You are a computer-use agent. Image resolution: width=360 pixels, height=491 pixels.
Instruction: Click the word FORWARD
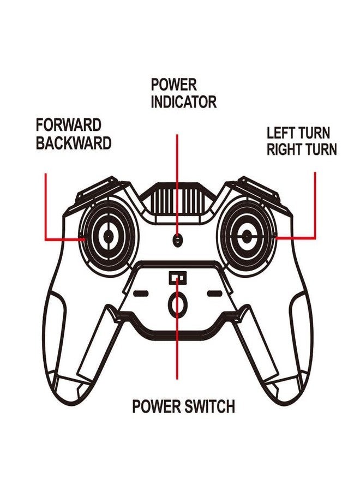[69, 124]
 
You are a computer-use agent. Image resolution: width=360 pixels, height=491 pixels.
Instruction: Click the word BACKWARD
[74, 143]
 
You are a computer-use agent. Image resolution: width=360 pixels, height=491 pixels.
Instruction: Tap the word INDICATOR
[183, 101]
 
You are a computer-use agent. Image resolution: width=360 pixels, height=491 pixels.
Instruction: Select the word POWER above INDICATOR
[174, 85]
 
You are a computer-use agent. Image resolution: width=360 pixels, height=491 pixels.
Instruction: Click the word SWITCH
[209, 406]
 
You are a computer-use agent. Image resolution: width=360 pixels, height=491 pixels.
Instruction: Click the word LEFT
[281, 133]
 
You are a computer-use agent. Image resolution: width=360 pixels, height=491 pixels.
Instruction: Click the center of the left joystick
[108, 235]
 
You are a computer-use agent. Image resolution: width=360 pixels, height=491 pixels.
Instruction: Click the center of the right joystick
[247, 235]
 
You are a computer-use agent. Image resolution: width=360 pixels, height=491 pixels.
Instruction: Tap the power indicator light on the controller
[177, 239]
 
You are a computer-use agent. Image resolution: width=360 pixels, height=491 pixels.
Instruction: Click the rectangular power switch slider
[177, 278]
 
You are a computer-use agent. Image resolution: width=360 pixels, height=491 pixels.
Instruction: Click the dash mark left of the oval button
[141, 294]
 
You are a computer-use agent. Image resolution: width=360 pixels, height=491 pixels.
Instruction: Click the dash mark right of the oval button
[215, 294]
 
